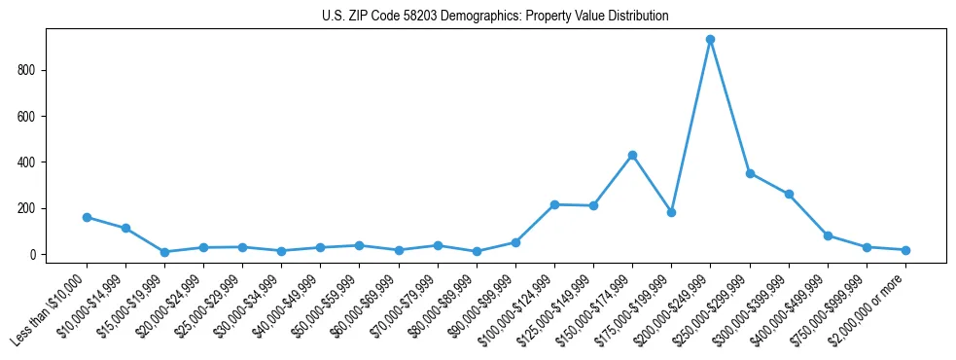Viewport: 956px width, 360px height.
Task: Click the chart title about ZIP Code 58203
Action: pyautogui.click(x=495, y=17)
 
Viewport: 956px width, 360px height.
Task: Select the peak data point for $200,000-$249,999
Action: pyautogui.click(x=711, y=40)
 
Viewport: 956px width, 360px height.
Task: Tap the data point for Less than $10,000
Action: pyautogui.click(x=87, y=217)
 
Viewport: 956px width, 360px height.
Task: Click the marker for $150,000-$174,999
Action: pyautogui.click(x=632, y=155)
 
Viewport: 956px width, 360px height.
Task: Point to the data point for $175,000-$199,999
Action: pyautogui.click(x=671, y=212)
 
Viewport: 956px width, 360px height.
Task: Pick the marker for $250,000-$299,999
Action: pyautogui.click(x=750, y=173)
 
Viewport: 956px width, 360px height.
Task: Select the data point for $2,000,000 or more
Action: pyautogui.click(x=905, y=250)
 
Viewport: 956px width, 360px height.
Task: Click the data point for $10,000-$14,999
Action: pyautogui.click(x=125, y=228)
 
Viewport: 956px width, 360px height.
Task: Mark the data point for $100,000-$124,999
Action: pyautogui.click(x=554, y=204)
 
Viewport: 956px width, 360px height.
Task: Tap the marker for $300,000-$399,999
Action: pyautogui.click(x=789, y=194)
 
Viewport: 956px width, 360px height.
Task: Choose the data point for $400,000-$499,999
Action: pyautogui.click(x=828, y=235)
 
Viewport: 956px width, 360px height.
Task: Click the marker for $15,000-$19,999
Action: pyautogui.click(x=164, y=252)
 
